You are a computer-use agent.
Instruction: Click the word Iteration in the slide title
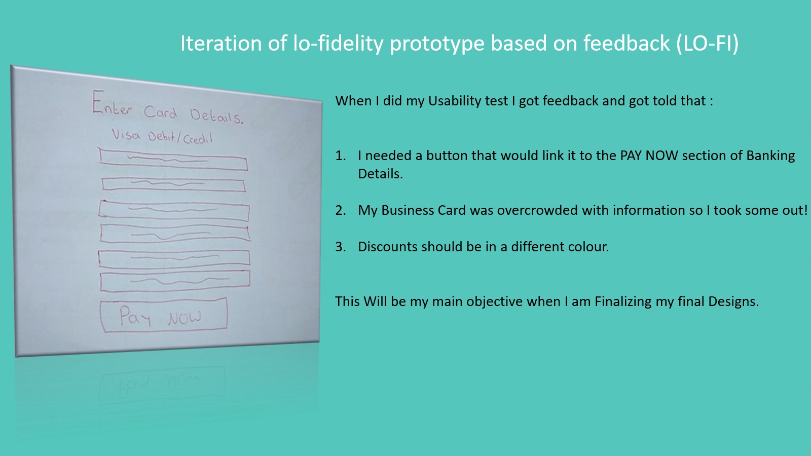point(221,43)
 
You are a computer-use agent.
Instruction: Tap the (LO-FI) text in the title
point(707,44)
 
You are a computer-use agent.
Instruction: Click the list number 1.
point(340,156)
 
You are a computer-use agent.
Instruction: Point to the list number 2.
point(340,210)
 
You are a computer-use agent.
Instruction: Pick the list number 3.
point(340,247)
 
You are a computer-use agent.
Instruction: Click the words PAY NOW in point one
point(649,156)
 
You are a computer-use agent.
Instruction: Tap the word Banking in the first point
point(770,156)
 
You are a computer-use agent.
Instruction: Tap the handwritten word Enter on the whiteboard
point(112,103)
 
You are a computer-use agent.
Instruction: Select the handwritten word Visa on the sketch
point(126,135)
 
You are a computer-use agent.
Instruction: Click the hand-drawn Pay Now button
point(164,315)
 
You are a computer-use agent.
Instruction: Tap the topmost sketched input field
point(173,159)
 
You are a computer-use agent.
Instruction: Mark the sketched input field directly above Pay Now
point(175,281)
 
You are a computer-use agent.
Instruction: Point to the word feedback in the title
point(626,43)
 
